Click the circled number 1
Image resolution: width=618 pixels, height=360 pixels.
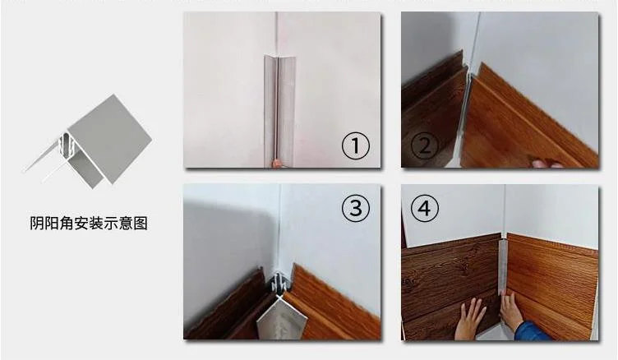click(x=355, y=148)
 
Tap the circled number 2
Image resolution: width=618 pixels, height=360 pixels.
click(x=425, y=148)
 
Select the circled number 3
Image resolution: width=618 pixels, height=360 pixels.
click(x=355, y=209)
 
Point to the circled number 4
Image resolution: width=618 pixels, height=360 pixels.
click(x=425, y=209)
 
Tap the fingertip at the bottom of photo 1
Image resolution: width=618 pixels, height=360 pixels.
click(x=278, y=164)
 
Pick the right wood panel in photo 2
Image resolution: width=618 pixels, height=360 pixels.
click(x=526, y=123)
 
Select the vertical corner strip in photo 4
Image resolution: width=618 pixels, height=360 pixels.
click(x=501, y=267)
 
